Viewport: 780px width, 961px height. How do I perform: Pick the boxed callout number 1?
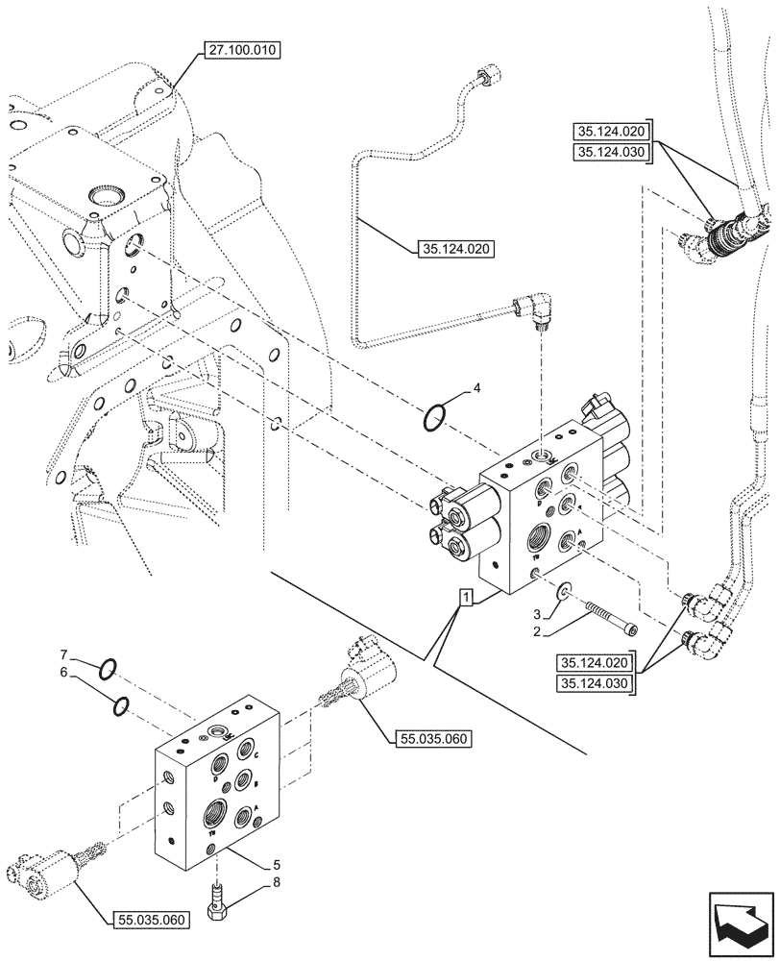click(466, 600)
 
